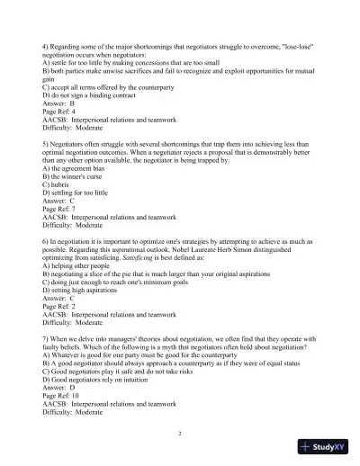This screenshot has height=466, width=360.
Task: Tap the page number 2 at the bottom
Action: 180,433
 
